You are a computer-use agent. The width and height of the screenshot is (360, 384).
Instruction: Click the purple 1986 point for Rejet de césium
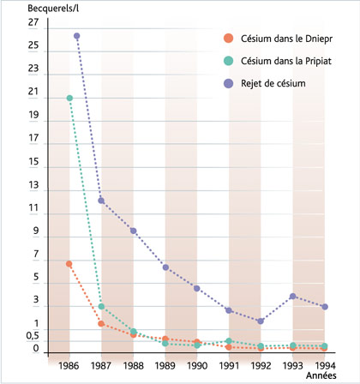point(77,36)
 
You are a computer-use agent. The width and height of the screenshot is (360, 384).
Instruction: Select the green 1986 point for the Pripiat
point(69,98)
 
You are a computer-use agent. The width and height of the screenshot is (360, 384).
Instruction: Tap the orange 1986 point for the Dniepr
point(69,264)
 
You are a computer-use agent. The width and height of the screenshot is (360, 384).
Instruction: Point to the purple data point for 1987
point(102,201)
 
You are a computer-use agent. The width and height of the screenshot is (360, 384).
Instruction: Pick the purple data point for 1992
point(261,321)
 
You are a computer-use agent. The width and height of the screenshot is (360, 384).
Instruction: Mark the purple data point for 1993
point(293,297)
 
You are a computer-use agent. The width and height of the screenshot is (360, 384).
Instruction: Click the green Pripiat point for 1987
point(102,307)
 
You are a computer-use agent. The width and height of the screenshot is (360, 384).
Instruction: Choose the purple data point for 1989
point(165,267)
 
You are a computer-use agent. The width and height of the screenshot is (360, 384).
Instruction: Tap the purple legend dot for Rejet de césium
point(227,82)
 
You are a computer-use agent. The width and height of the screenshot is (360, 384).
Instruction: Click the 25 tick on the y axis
point(33,45)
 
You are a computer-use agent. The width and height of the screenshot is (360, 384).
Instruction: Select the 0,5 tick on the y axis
point(31,335)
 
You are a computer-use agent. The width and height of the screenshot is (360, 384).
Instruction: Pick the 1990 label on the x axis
point(198,364)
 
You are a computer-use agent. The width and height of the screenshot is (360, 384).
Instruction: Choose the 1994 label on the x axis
point(325,364)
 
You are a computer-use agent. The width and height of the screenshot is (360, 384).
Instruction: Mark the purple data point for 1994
point(325,307)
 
